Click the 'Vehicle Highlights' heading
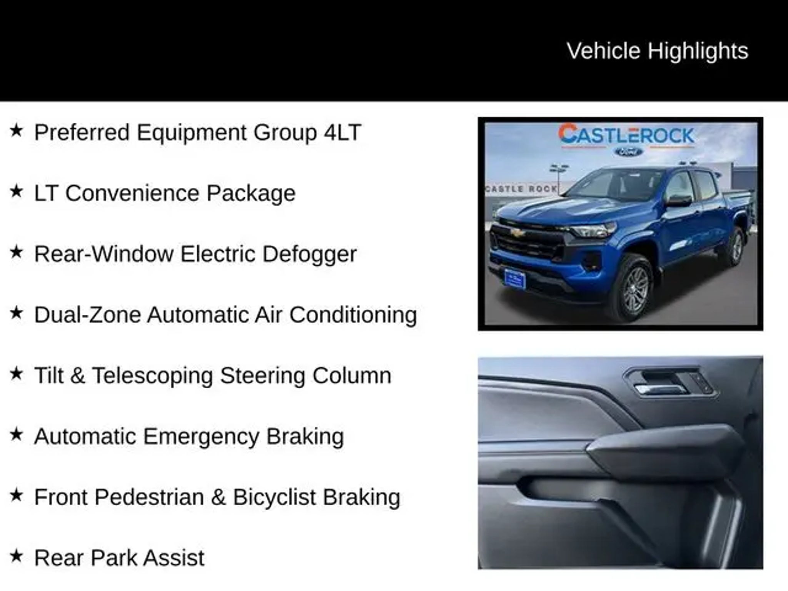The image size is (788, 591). pyautogui.click(x=657, y=51)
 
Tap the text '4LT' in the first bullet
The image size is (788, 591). pyautogui.click(x=342, y=132)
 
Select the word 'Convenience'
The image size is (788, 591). pyautogui.click(x=132, y=193)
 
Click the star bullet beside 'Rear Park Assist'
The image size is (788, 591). pyautogui.click(x=17, y=556)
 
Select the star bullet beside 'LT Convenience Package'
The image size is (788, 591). pyautogui.click(x=17, y=191)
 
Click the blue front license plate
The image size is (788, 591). pyautogui.click(x=514, y=279)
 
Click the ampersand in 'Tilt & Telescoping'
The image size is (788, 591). pyautogui.click(x=78, y=376)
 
